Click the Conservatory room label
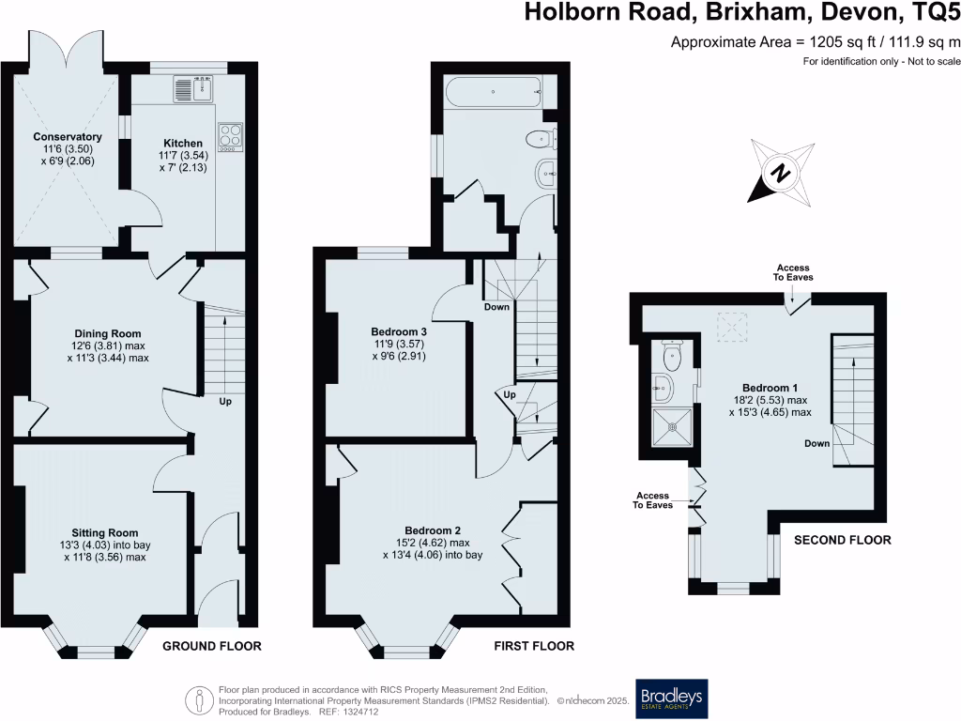[67, 137]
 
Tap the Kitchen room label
[181, 144]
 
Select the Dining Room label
[108, 333]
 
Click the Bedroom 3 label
[399, 332]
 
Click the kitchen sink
[193, 88]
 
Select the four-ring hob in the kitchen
[230, 136]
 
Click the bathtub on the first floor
[493, 93]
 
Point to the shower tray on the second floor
[673, 424]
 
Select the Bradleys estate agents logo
[672, 698]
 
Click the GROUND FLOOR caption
[212, 646]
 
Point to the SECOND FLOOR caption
[842, 540]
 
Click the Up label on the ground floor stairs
[225, 402]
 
